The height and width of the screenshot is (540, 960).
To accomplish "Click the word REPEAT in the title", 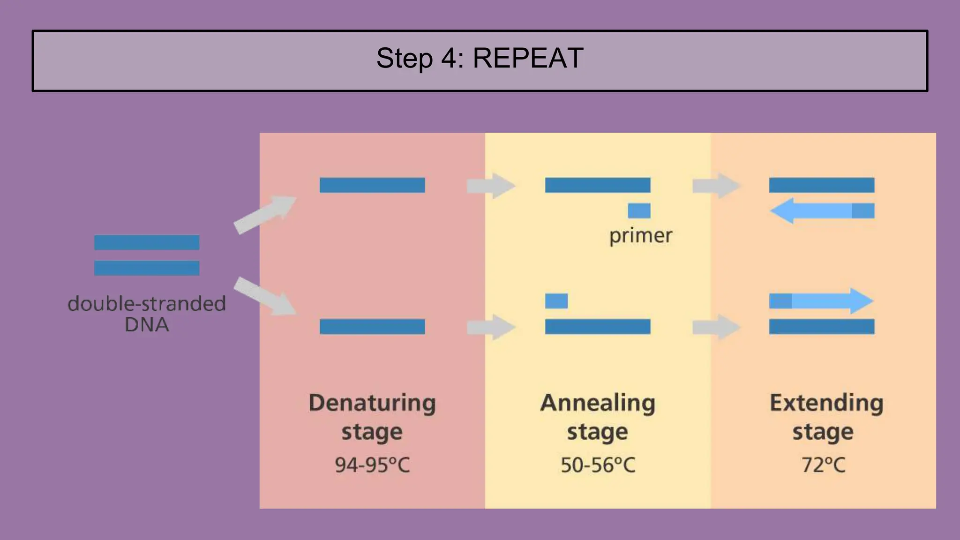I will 528,59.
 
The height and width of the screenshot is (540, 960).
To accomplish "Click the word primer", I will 640,236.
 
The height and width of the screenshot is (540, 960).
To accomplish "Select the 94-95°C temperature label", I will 372,465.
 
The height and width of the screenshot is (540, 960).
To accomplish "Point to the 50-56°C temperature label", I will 598,465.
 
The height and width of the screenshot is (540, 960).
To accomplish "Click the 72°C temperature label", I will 823,465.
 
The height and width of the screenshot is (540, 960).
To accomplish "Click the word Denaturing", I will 372,403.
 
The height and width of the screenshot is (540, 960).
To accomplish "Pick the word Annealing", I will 598,403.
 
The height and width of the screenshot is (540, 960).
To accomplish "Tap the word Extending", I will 826,403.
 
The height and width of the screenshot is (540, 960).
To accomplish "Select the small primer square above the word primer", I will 639,210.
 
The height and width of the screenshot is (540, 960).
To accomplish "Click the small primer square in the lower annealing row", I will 556,300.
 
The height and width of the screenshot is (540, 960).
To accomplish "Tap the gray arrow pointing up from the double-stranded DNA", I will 264,214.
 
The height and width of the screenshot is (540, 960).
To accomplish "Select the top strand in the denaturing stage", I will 372,185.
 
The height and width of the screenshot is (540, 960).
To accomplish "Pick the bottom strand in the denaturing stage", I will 372,326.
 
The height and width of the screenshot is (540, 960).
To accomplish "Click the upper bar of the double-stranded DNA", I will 147,242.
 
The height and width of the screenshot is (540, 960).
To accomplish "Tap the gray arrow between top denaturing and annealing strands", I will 490,186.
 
